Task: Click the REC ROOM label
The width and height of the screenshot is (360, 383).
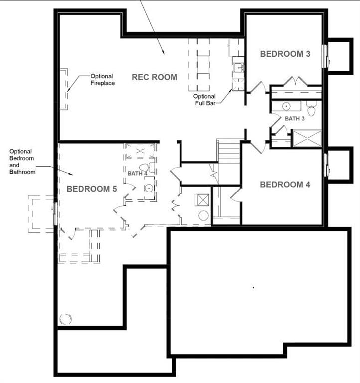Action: click(154, 77)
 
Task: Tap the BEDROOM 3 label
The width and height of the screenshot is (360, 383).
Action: click(285, 54)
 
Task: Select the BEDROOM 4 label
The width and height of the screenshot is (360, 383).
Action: click(285, 185)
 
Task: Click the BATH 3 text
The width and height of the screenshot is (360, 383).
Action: click(294, 119)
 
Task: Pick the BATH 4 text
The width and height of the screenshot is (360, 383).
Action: click(137, 173)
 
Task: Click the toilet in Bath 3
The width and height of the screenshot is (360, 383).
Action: click(312, 108)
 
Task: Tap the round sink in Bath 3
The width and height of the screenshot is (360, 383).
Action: click(287, 106)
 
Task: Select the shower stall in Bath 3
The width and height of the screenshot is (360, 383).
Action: click(306, 138)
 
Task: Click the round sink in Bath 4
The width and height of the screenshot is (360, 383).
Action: click(149, 188)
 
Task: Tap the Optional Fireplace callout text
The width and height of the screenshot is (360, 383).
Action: click(103, 80)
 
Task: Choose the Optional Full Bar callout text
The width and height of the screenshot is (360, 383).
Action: click(205, 100)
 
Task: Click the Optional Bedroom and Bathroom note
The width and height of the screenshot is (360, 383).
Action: click(23, 162)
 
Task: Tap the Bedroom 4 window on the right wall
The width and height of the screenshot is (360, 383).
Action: click(325, 165)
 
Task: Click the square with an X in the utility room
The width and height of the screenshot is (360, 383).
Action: click(203, 200)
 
